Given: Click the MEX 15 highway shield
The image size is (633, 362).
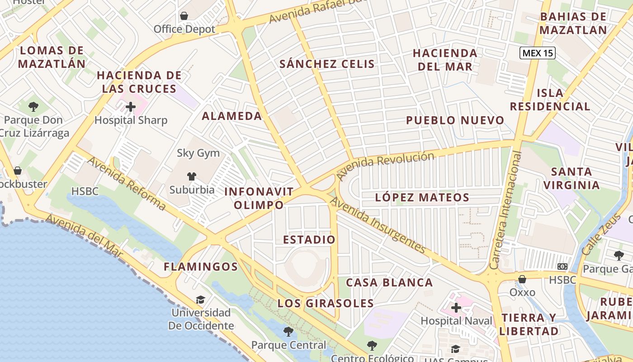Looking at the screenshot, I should (537, 53).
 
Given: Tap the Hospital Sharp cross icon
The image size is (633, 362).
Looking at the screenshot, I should (131, 107).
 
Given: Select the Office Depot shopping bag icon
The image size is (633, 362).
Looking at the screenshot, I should (184, 16).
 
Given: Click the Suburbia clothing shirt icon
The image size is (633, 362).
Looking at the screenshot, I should (192, 176).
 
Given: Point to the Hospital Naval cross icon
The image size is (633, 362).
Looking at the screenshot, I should (456, 308).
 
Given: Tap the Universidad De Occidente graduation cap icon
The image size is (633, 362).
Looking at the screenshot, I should (200, 300).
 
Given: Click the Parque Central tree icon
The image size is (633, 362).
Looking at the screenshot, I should (288, 332).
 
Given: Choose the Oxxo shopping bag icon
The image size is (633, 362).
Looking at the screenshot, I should (522, 279).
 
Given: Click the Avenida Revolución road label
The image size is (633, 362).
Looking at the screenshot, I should (385, 164).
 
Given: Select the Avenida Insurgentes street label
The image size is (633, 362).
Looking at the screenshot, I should (378, 225).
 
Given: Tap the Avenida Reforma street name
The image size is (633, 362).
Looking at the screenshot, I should (127, 183).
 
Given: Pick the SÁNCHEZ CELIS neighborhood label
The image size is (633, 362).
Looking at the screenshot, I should (327, 64).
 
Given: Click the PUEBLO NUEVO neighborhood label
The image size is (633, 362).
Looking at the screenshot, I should (455, 120).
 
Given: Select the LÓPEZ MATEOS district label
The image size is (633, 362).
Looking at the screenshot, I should (422, 197).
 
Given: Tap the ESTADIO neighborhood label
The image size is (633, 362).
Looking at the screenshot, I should (309, 239).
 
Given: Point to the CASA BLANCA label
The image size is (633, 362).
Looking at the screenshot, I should (389, 283).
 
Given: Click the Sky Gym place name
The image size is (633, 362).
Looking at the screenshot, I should (198, 153).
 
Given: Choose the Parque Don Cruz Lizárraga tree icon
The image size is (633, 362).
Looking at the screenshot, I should (33, 107).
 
